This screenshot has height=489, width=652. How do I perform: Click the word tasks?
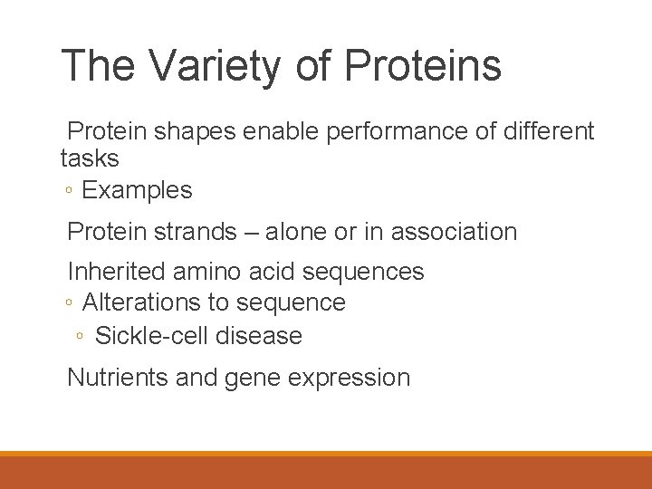90,158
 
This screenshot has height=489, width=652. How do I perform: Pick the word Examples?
137,191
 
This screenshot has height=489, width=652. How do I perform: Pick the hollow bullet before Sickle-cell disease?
81,337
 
